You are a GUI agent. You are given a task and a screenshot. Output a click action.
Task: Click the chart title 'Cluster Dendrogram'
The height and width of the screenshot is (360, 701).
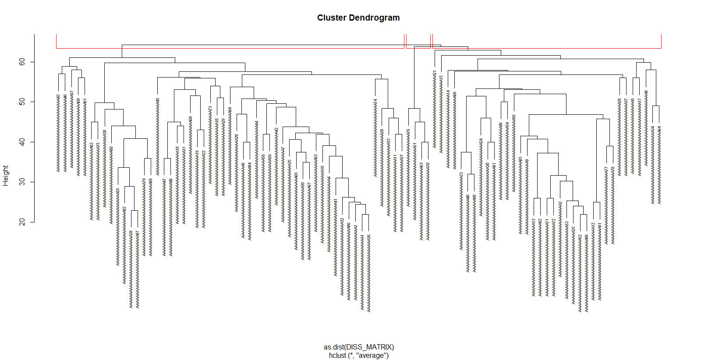pos(358,18)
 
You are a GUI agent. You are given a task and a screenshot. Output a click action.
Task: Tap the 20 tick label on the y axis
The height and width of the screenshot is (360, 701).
pos(22,222)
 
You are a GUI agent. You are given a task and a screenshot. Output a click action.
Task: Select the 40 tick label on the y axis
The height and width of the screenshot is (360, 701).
pos(22,142)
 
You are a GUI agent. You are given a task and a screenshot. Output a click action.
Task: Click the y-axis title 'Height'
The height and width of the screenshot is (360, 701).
pos(6,176)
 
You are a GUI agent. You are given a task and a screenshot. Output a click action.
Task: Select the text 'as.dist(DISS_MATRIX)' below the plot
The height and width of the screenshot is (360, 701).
pos(359,347)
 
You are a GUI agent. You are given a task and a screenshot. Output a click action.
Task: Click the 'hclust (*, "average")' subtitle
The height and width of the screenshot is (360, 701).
pos(359,355)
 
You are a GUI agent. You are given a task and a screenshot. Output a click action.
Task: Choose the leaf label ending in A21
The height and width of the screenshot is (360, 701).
pos(435,109)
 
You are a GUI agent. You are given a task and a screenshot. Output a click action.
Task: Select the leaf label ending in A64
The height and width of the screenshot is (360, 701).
pos(659,165)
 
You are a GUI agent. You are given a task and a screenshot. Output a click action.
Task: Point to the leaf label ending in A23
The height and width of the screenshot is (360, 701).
pos(461,211)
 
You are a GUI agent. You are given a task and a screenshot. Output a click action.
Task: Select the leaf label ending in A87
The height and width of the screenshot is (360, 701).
pos(138,269)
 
